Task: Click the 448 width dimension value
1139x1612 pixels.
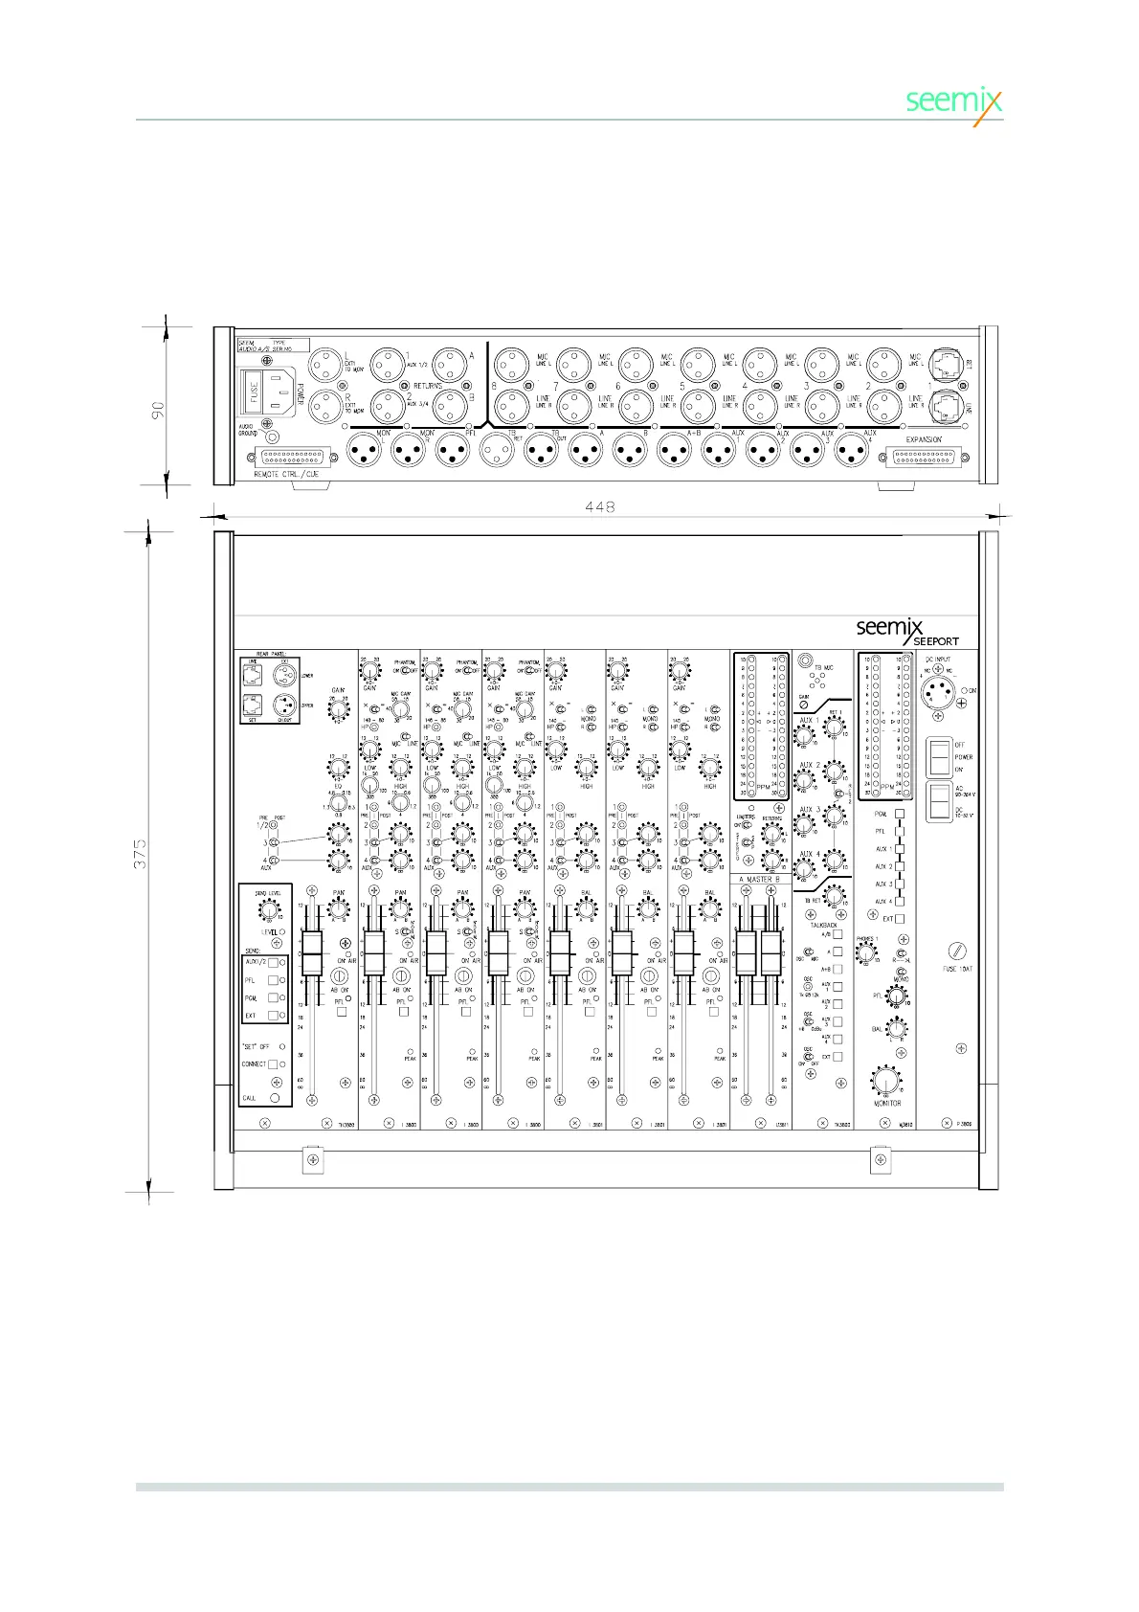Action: [599, 506]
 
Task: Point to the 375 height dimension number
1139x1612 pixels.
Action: [141, 855]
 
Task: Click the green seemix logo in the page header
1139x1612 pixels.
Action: [953, 101]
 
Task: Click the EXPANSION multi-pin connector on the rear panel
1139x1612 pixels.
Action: [924, 457]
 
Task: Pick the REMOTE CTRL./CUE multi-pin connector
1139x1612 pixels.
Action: [292, 457]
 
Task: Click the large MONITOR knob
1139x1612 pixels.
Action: [886, 1082]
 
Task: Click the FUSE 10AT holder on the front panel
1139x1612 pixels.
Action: [957, 951]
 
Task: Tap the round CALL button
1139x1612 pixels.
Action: [276, 1098]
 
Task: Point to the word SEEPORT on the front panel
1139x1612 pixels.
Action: [935, 641]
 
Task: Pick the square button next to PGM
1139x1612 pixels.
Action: [900, 814]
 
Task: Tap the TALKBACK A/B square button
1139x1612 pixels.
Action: [837, 934]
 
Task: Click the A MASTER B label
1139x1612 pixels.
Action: [760, 879]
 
